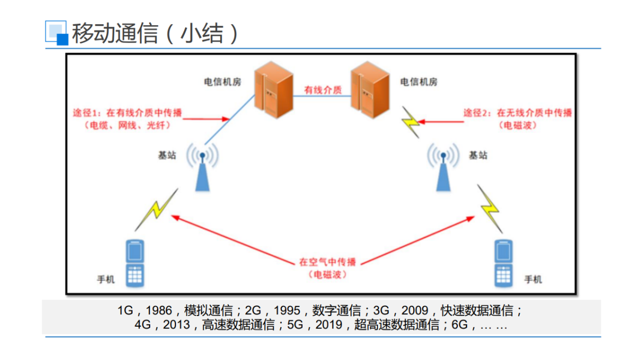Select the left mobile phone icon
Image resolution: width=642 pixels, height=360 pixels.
pos(135,262)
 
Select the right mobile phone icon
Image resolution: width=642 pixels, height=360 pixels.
pos(503,262)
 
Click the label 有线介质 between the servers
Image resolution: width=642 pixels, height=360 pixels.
pos(323,90)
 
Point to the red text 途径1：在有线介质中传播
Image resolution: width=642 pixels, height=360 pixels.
pos(128,113)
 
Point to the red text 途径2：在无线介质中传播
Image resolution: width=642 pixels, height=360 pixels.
pos(517,113)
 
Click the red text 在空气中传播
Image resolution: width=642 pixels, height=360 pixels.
pos(327,262)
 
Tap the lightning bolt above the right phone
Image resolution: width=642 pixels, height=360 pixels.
pos(490,207)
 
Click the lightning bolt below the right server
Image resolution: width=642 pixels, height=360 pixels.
pos(411,123)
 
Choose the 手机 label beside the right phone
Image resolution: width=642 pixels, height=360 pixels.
pos(532,280)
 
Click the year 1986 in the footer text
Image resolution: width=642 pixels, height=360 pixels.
pos(159,311)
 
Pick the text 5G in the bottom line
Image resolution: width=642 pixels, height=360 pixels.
pos(296,325)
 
